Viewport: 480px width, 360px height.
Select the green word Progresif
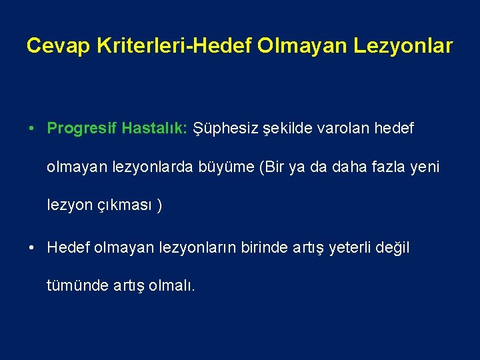tap(81, 128)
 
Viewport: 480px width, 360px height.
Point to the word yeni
tap(425, 167)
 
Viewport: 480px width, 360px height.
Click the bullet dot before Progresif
tap(32, 129)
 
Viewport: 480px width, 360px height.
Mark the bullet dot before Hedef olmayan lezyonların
tap(32, 248)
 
